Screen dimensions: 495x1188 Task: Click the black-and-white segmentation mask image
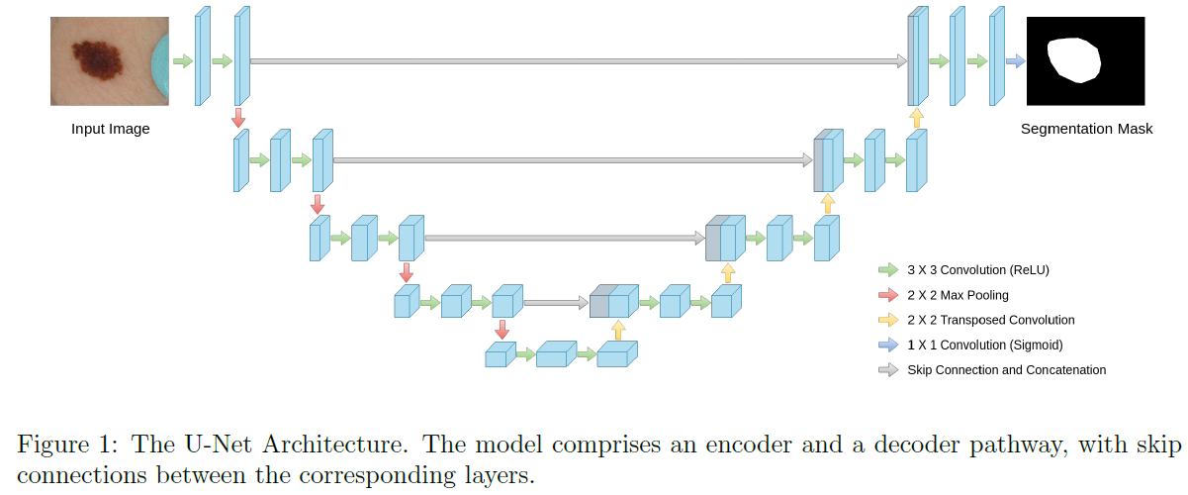click(1086, 61)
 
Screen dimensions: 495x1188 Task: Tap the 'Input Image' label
click(110, 129)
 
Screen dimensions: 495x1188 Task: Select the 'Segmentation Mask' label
click(1086, 129)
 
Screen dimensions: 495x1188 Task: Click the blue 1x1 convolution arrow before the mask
click(1015, 61)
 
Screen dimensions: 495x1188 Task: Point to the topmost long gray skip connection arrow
click(578, 61)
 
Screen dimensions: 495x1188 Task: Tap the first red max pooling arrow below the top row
click(237, 118)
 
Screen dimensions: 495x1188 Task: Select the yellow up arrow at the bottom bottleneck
click(618, 330)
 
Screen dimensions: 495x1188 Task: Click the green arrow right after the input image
click(183, 61)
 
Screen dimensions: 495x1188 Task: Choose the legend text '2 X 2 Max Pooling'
click(958, 295)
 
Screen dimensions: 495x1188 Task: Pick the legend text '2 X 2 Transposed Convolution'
click(990, 320)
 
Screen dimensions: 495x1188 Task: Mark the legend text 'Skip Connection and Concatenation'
click(1006, 370)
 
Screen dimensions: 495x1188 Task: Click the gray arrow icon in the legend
click(887, 370)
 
